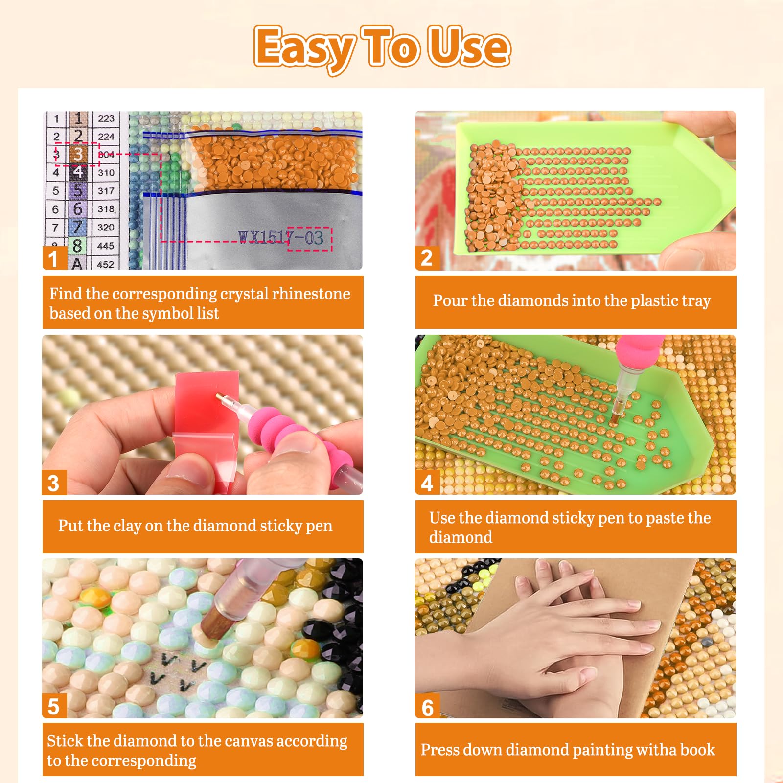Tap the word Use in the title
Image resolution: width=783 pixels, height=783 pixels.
[469, 46]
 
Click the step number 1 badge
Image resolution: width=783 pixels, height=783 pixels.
[54, 258]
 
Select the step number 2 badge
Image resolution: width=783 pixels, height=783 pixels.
[427, 258]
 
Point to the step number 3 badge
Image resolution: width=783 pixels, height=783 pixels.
[54, 483]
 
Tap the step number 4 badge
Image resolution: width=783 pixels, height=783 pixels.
[427, 483]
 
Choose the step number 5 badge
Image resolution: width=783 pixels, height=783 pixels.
[54, 706]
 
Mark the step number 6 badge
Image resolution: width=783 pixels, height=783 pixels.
[427, 707]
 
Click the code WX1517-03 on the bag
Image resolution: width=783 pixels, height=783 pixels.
[281, 238]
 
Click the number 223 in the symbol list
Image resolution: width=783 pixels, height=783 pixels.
[106, 118]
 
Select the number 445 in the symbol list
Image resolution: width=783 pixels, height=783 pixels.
[106, 246]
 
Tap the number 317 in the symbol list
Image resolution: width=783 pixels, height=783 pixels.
[106, 191]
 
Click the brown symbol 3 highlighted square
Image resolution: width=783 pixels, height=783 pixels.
[78, 154]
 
